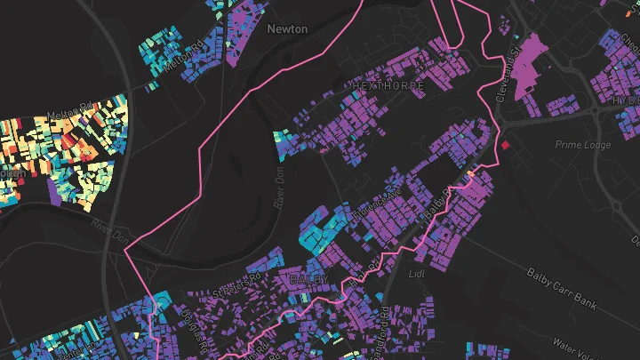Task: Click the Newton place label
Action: click(287, 29)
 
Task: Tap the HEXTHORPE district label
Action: click(384, 84)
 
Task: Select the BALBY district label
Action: click(309, 280)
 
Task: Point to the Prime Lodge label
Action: click(579, 144)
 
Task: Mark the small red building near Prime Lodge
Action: click(506, 144)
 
